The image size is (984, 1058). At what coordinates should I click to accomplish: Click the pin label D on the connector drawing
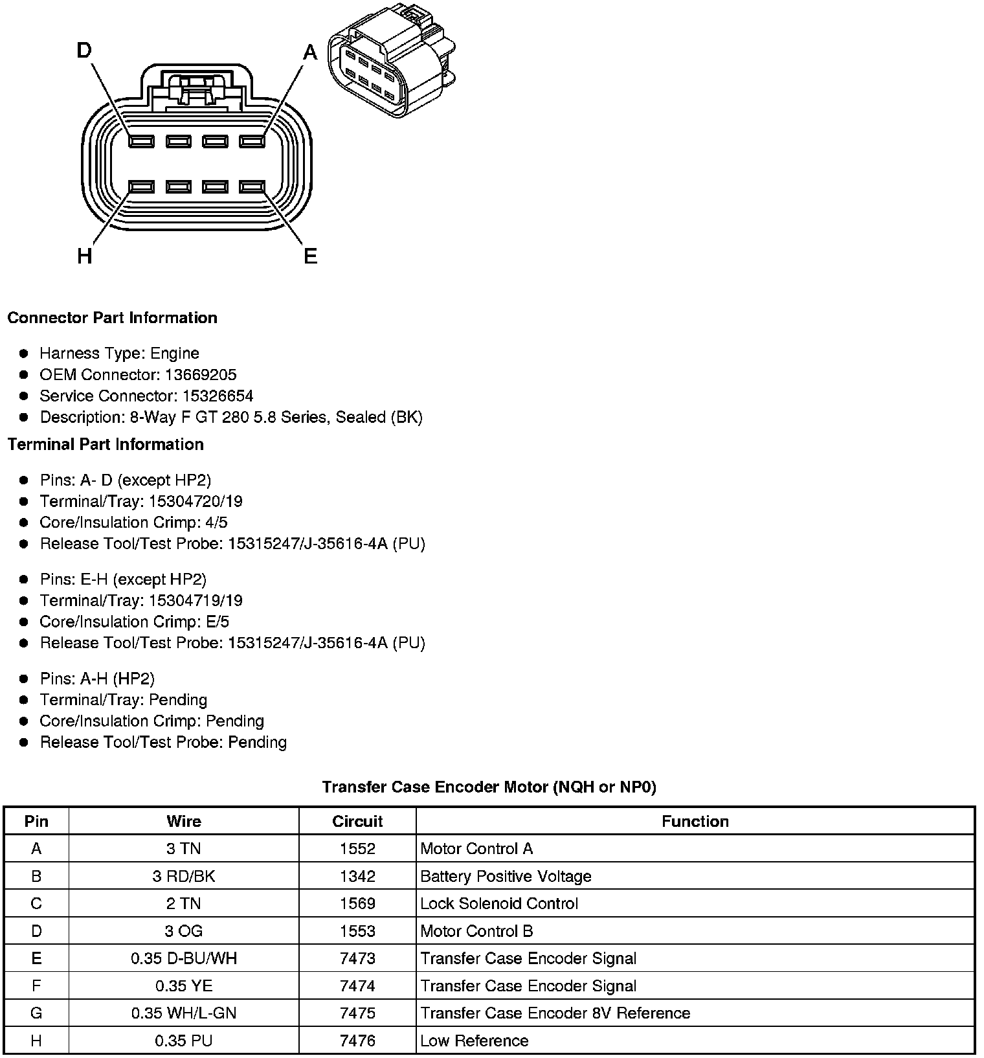[85, 51]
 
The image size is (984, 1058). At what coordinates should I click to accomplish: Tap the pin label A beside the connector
[310, 52]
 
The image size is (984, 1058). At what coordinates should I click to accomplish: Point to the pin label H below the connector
[85, 256]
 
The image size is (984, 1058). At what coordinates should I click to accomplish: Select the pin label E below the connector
[311, 256]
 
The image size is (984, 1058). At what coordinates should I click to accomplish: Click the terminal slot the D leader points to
[141, 141]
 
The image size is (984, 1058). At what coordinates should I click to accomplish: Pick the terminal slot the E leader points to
[252, 187]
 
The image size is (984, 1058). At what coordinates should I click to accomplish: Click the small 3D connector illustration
[391, 62]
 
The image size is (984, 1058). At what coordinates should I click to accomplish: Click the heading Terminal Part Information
[106, 444]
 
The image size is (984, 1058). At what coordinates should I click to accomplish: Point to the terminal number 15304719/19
[196, 601]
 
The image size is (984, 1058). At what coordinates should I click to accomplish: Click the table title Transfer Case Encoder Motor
[489, 787]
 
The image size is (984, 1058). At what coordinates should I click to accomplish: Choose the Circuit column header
[357, 822]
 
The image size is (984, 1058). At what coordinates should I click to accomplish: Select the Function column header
[695, 822]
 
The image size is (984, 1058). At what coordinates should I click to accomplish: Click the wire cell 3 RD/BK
[184, 877]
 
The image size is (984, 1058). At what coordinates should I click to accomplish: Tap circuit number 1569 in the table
[357, 904]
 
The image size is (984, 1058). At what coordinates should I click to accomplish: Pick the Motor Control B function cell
[476, 932]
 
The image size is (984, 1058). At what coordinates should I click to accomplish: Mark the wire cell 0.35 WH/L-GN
[184, 1013]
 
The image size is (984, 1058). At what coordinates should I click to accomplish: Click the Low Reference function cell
[474, 1041]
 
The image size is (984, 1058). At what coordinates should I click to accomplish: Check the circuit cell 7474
[357, 986]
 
